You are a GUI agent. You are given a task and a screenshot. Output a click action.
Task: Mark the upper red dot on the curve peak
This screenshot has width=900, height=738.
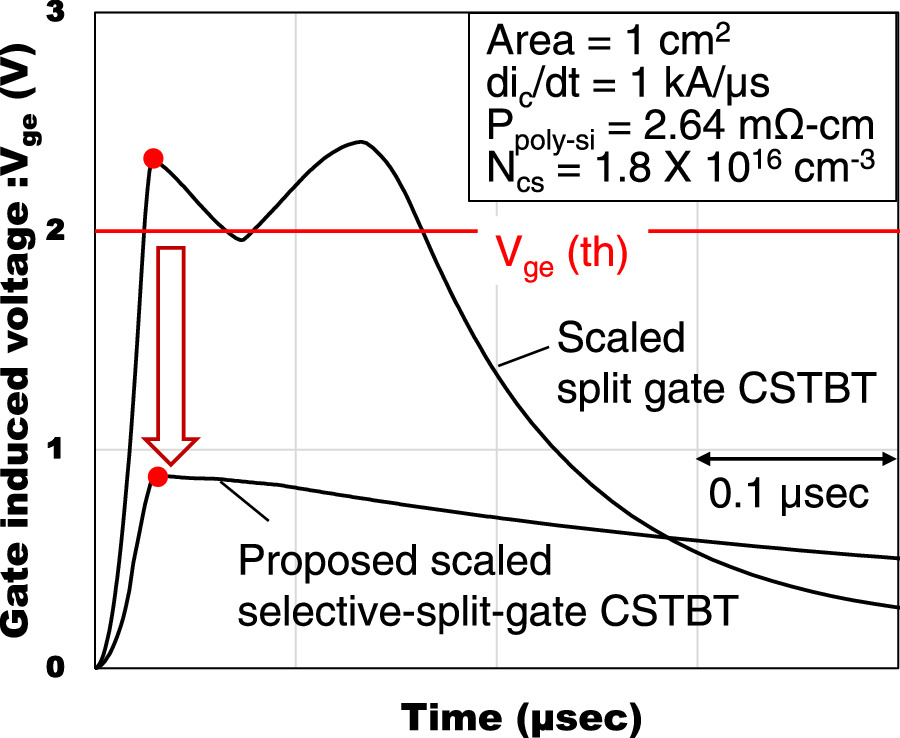click(x=153, y=158)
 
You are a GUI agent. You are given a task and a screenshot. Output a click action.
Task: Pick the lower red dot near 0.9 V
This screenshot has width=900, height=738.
click(x=157, y=476)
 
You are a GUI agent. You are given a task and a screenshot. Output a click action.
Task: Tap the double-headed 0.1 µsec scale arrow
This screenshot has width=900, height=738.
click(x=796, y=459)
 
